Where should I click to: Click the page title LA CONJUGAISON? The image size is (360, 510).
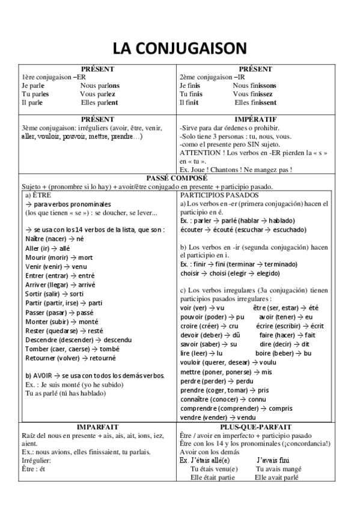[x=180, y=48]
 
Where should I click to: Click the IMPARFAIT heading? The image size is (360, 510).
[x=97, y=426]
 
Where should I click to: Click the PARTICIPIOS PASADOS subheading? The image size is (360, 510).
[x=219, y=195]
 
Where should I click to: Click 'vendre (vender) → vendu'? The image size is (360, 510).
[x=218, y=417]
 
